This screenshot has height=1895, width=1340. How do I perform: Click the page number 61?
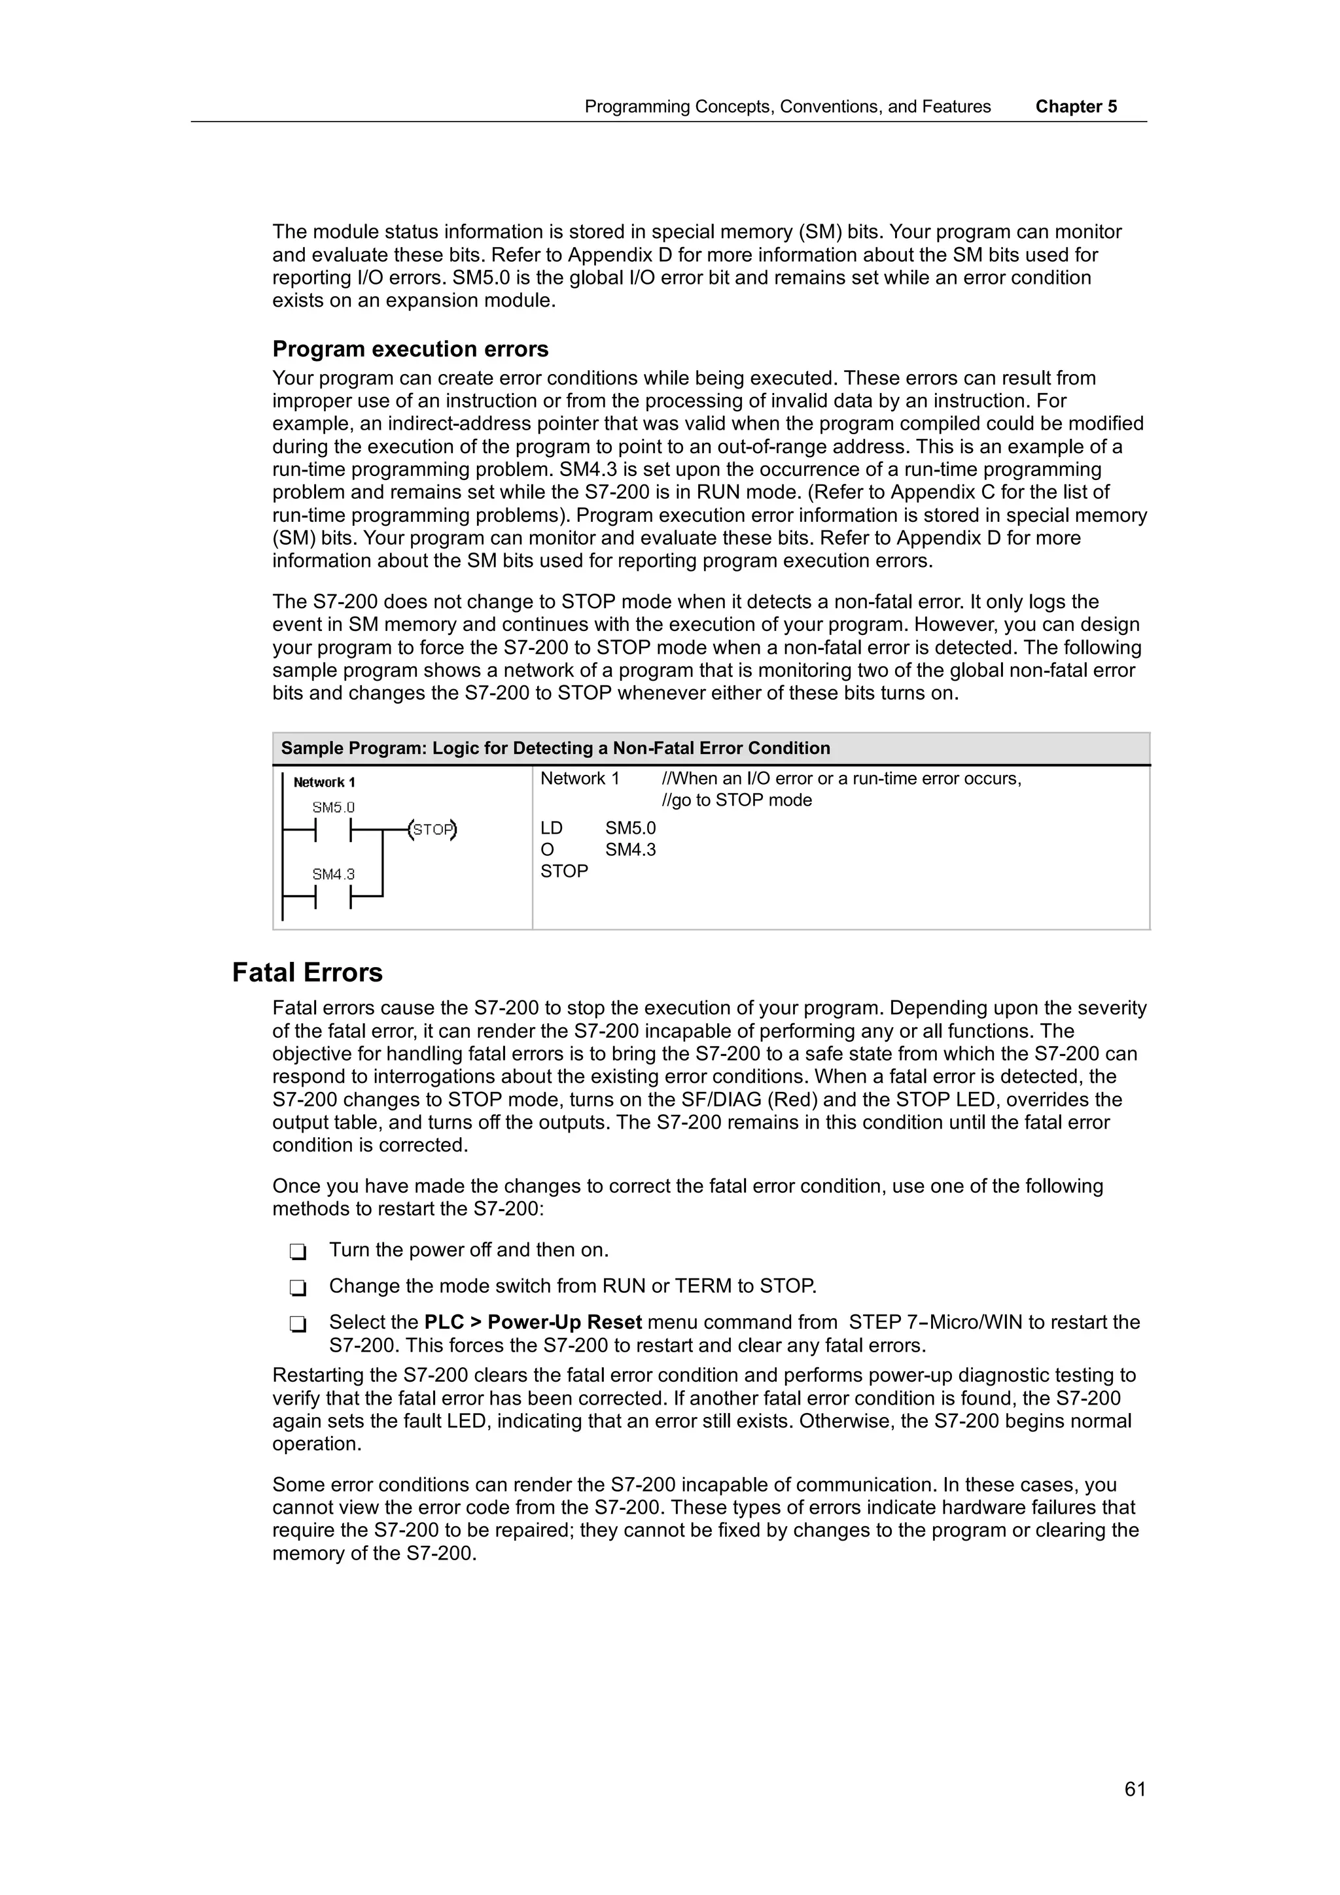1135,1789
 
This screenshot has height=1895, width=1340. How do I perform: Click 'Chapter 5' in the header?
1076,107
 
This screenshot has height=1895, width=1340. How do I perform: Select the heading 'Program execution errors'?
410,349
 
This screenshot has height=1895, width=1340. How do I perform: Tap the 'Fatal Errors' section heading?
307,972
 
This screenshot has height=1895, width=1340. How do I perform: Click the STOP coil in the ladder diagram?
433,830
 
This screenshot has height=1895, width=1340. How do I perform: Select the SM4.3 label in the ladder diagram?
333,874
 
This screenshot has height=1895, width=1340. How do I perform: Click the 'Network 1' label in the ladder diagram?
324,783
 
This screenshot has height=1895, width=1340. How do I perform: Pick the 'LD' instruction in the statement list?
552,828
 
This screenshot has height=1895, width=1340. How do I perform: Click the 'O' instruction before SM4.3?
548,849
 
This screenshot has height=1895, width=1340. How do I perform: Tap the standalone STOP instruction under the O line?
564,871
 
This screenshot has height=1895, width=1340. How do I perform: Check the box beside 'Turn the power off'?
298,1252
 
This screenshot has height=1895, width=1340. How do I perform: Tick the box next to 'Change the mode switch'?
298,1288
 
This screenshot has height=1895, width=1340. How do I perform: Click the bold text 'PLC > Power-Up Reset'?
533,1322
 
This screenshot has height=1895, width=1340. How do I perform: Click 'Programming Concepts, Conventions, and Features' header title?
787,107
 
